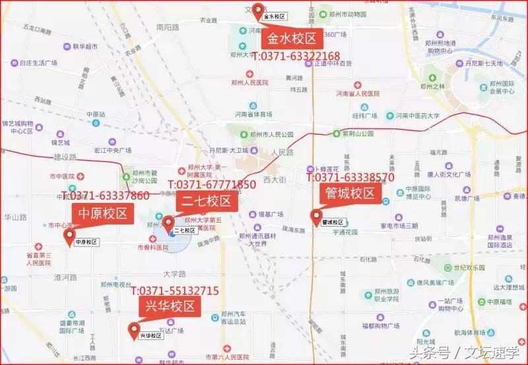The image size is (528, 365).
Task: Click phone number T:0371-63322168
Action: [296, 57]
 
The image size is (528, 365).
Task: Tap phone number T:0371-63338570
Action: [350, 177]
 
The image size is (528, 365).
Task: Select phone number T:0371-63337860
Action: [106, 196]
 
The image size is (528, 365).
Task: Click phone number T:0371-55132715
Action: [175, 291]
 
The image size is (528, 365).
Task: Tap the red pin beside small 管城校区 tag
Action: [315, 216]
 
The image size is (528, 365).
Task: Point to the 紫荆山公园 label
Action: [354, 133]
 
